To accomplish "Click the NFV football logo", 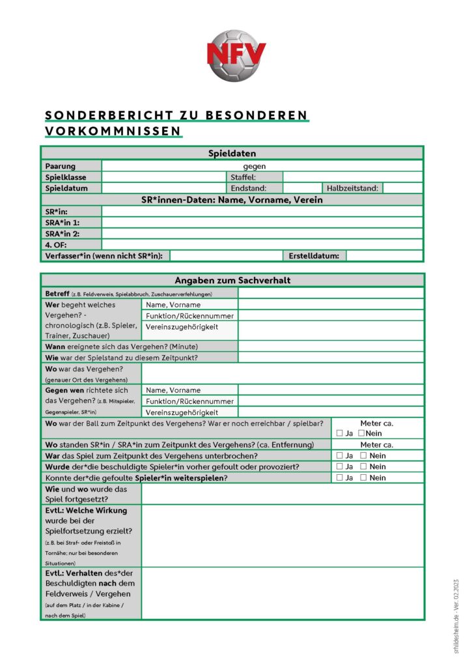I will pyautogui.click(x=236, y=55).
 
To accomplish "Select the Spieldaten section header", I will pyautogui.click(x=232, y=154).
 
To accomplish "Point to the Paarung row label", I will pyautogui.click(x=60, y=166).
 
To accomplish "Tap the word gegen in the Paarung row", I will pyautogui.click(x=255, y=166).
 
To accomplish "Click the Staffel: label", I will pyautogui.click(x=244, y=177).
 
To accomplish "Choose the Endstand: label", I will pyautogui.click(x=248, y=188).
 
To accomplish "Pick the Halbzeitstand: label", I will pyautogui.click(x=352, y=188).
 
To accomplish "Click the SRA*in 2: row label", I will pyautogui.click(x=63, y=233).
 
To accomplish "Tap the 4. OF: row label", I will pyautogui.click(x=56, y=244).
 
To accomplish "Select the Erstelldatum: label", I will pyautogui.click(x=314, y=256).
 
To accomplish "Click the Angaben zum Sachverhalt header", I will pyautogui.click(x=232, y=280).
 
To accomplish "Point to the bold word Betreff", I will pyautogui.click(x=58, y=293).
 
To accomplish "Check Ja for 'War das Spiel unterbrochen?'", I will pyautogui.click(x=340, y=455).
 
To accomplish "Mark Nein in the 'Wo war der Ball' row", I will pyautogui.click(x=361, y=433).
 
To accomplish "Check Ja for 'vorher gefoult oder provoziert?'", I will pyautogui.click(x=340, y=466).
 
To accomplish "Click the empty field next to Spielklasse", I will pyautogui.click(x=163, y=177).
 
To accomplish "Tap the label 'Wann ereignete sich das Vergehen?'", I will pyautogui.click(x=121, y=347).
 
